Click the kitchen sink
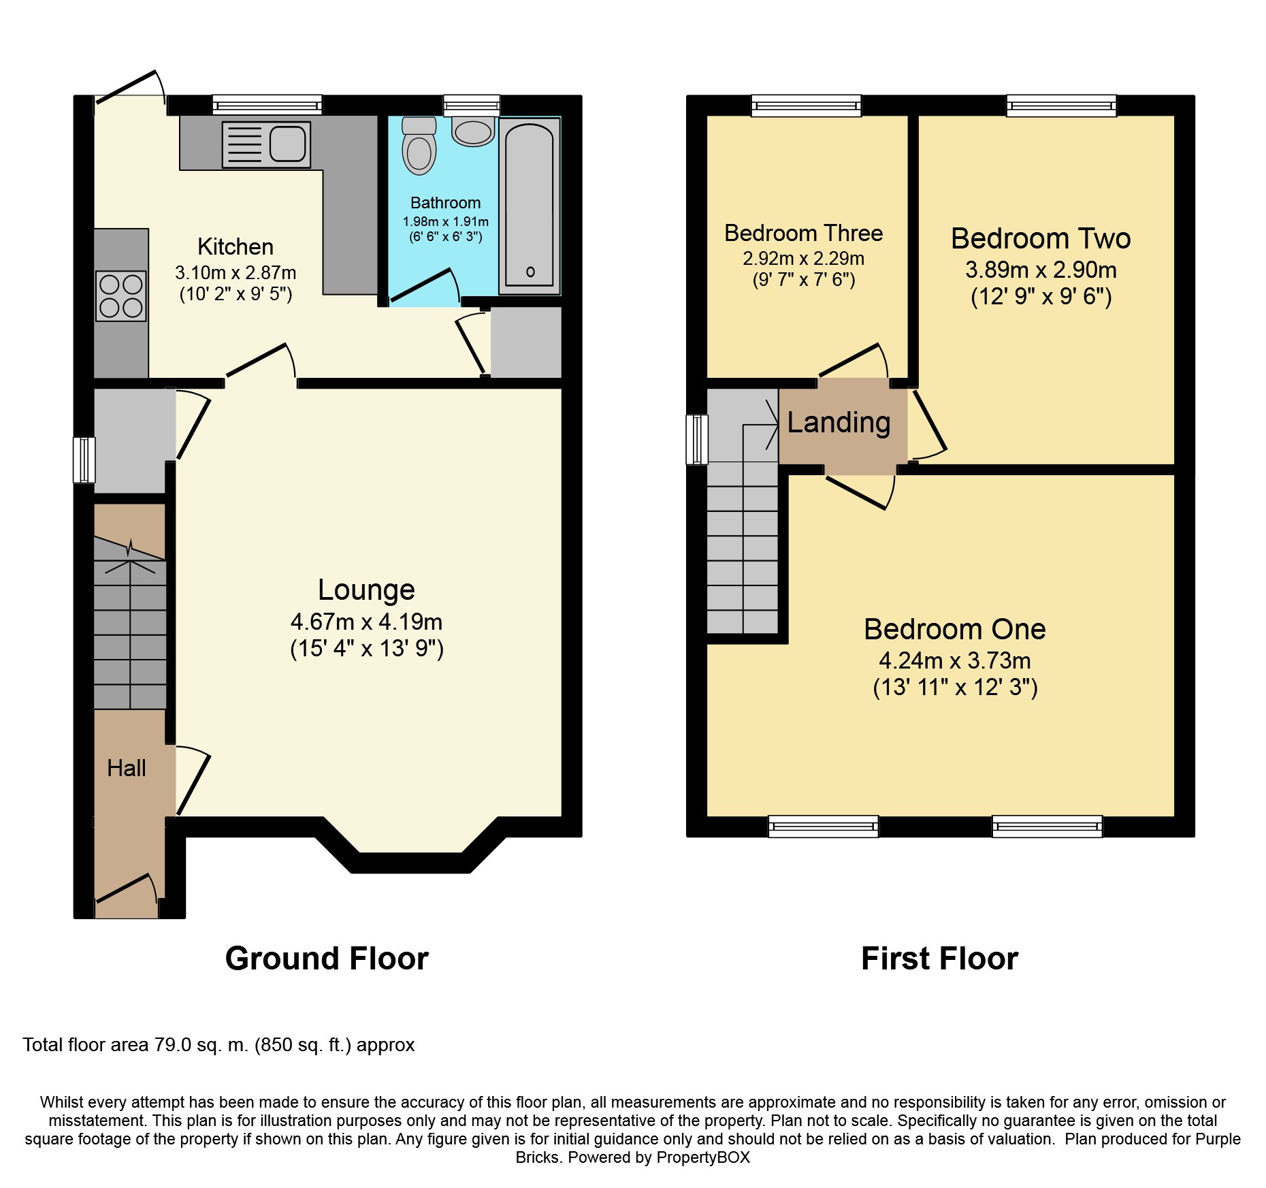pyautogui.click(x=266, y=145)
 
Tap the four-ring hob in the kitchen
pyautogui.click(x=121, y=295)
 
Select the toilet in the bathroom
pyautogui.click(x=419, y=145)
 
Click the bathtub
pyautogui.click(x=530, y=206)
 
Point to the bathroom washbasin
pyautogui.click(x=473, y=131)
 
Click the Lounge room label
pyautogui.click(x=366, y=590)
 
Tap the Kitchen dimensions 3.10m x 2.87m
pyautogui.click(x=236, y=272)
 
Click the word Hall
pyautogui.click(x=127, y=768)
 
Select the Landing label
pyautogui.click(x=839, y=423)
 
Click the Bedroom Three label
pyautogui.click(x=803, y=233)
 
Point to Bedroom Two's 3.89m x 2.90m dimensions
pyautogui.click(x=1041, y=270)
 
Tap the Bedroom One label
pyautogui.click(x=954, y=629)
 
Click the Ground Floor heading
pyautogui.click(x=327, y=959)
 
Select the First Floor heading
pyautogui.click(x=939, y=959)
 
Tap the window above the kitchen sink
pyautogui.click(x=267, y=105)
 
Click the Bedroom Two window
pyautogui.click(x=1062, y=105)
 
